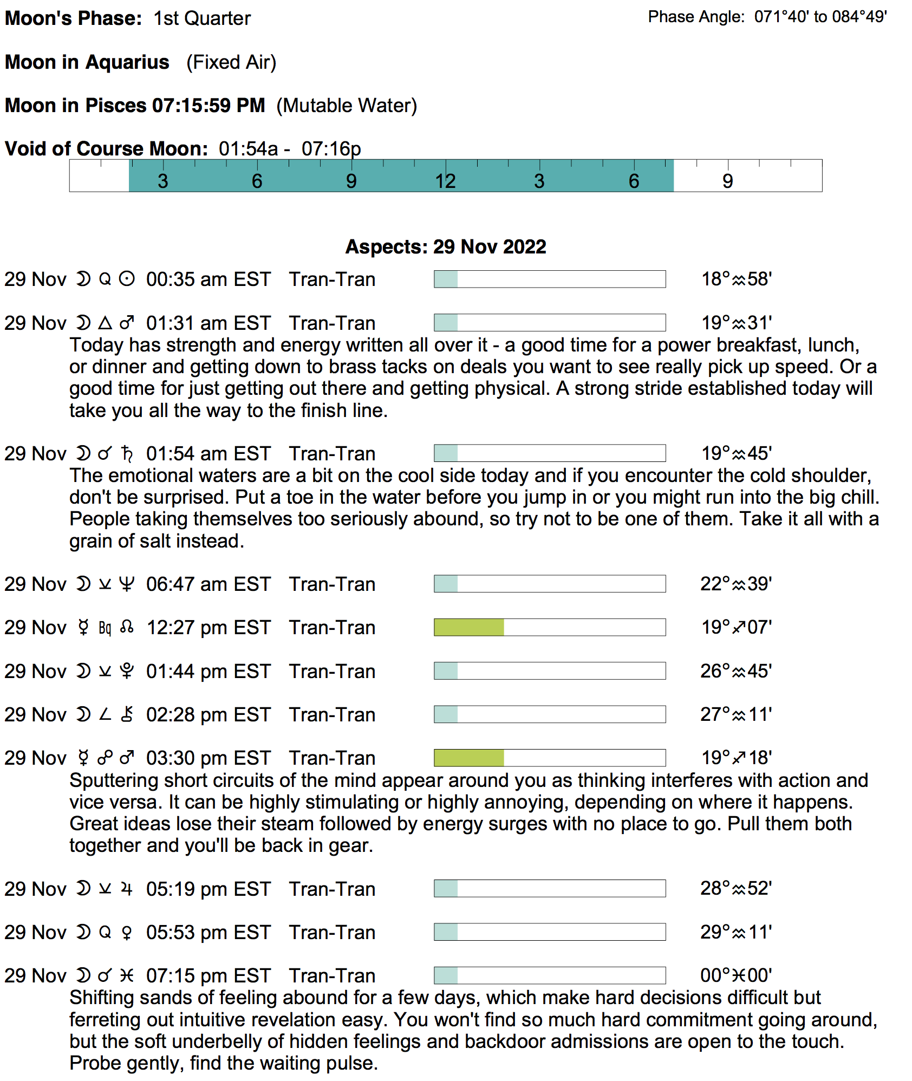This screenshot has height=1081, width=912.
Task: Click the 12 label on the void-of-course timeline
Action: pyautogui.click(x=445, y=181)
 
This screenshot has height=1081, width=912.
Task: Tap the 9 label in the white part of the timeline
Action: pyautogui.click(x=727, y=181)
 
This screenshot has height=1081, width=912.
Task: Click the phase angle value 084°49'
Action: pyautogui.click(x=859, y=17)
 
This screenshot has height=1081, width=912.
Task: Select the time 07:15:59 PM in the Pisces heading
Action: pyautogui.click(x=209, y=106)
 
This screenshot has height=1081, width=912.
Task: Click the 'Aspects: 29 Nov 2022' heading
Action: pyautogui.click(x=446, y=247)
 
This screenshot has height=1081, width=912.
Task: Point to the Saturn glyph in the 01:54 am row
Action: pyautogui.click(x=127, y=454)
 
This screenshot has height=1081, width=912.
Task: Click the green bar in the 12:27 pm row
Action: pyautogui.click(x=469, y=628)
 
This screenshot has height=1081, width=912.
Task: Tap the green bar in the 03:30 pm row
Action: pyautogui.click(x=469, y=758)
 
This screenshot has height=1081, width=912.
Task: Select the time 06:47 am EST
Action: pyautogui.click(x=208, y=584)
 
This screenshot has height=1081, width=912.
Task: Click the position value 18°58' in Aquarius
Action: pyautogui.click(x=737, y=279)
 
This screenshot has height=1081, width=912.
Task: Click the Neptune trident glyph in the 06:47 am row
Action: pyautogui.click(x=127, y=584)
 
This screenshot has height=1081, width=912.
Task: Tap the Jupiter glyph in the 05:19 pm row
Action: pyautogui.click(x=127, y=889)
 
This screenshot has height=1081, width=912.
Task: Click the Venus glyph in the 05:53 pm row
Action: pyautogui.click(x=127, y=933)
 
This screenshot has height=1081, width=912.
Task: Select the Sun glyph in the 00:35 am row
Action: pyautogui.click(x=127, y=279)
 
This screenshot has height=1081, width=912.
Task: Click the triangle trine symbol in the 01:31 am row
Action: pyautogui.click(x=105, y=323)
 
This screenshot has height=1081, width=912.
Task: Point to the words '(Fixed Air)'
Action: pyautogui.click(x=231, y=62)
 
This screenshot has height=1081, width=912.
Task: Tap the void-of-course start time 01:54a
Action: pyautogui.click(x=248, y=149)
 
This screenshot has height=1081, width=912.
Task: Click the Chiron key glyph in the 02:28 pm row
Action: pyautogui.click(x=127, y=715)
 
